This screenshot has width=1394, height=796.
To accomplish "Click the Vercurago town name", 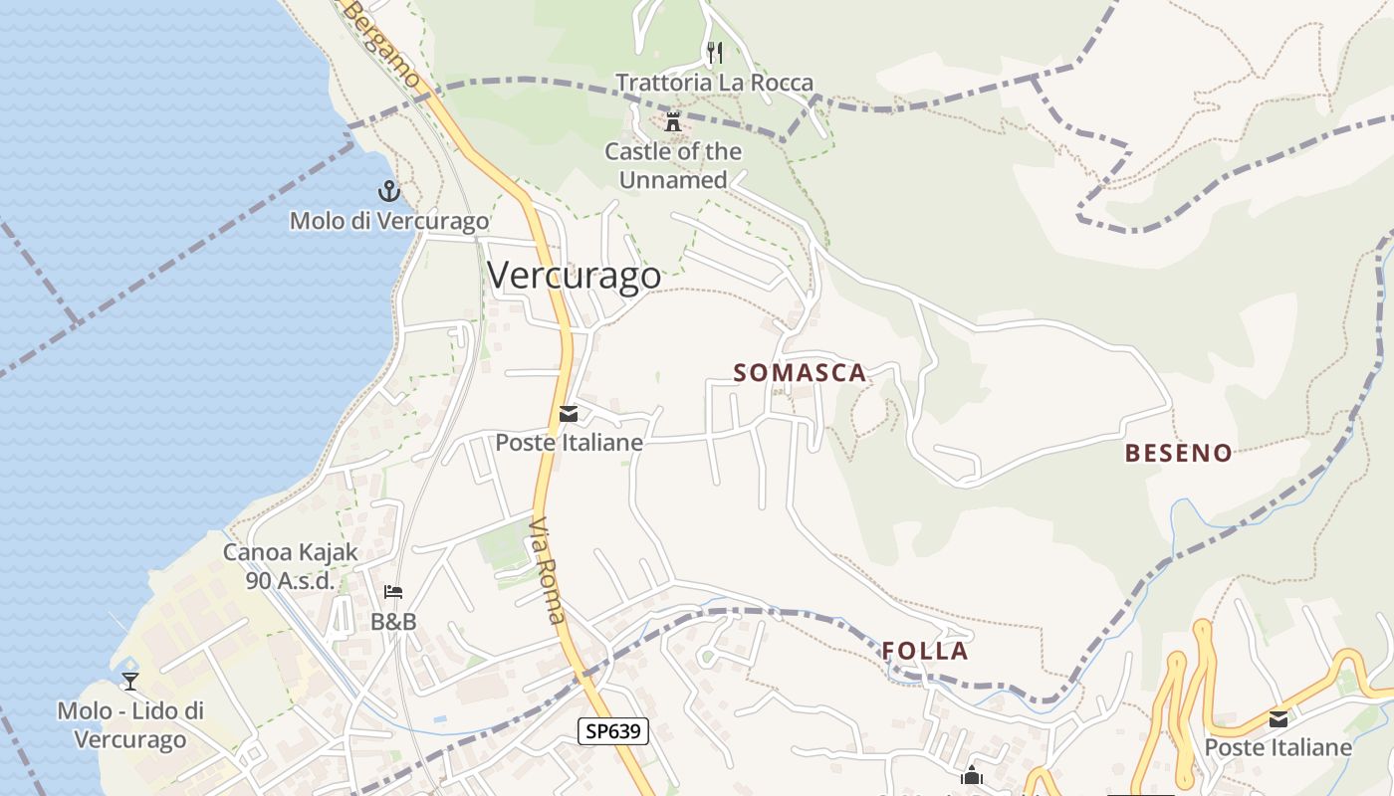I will [574, 275].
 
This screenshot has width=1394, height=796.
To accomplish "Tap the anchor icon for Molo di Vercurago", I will [388, 190].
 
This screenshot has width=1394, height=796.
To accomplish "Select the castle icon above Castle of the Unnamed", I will [674, 121].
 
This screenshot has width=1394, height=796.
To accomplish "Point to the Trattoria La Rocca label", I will [714, 83].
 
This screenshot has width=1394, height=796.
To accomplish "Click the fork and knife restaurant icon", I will [714, 52].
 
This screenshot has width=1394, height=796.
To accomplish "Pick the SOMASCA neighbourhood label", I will [800, 373].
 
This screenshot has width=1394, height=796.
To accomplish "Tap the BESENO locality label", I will [1178, 454].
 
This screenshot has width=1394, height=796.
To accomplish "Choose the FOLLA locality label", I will [925, 652].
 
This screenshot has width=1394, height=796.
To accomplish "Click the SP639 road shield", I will [613, 732].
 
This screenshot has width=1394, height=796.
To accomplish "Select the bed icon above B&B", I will [393, 593].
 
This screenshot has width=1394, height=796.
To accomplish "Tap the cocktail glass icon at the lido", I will [129, 682].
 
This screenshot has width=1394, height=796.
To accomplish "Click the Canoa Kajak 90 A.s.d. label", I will [290, 566].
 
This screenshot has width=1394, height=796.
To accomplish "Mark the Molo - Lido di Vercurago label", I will [130, 725].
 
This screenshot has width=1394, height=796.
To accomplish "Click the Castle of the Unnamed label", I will [673, 166].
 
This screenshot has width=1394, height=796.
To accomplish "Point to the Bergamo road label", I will [384, 45].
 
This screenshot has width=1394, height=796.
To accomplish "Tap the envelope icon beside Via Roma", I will [569, 414].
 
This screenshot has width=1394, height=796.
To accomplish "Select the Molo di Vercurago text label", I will [389, 221].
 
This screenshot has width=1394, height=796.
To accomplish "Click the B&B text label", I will [393, 622].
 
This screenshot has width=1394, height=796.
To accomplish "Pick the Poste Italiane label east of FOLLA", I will [1278, 747].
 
